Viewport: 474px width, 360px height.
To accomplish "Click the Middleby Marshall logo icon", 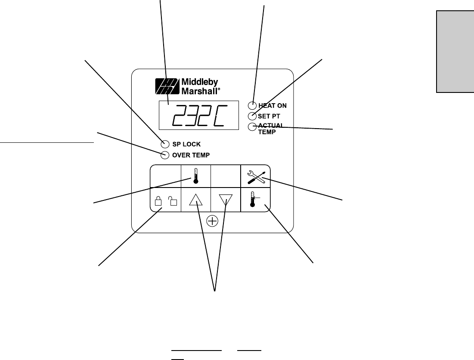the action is pyautogui.click(x=166, y=86).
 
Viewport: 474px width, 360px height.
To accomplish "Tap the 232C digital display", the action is pyautogui.click(x=198, y=115).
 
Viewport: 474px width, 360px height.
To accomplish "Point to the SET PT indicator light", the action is pyautogui.click(x=252, y=116).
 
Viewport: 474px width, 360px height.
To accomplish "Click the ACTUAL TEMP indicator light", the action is pyautogui.click(x=252, y=126).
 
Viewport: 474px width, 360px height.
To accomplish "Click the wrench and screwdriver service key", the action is pyautogui.click(x=255, y=176).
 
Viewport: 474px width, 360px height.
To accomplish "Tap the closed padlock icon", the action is pyautogui.click(x=158, y=201).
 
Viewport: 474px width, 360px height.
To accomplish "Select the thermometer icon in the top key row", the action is pyautogui.click(x=196, y=176).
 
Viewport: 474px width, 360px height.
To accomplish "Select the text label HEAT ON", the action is pyautogui.click(x=273, y=105).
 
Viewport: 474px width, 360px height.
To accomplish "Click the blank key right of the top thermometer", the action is pyautogui.click(x=225, y=176).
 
